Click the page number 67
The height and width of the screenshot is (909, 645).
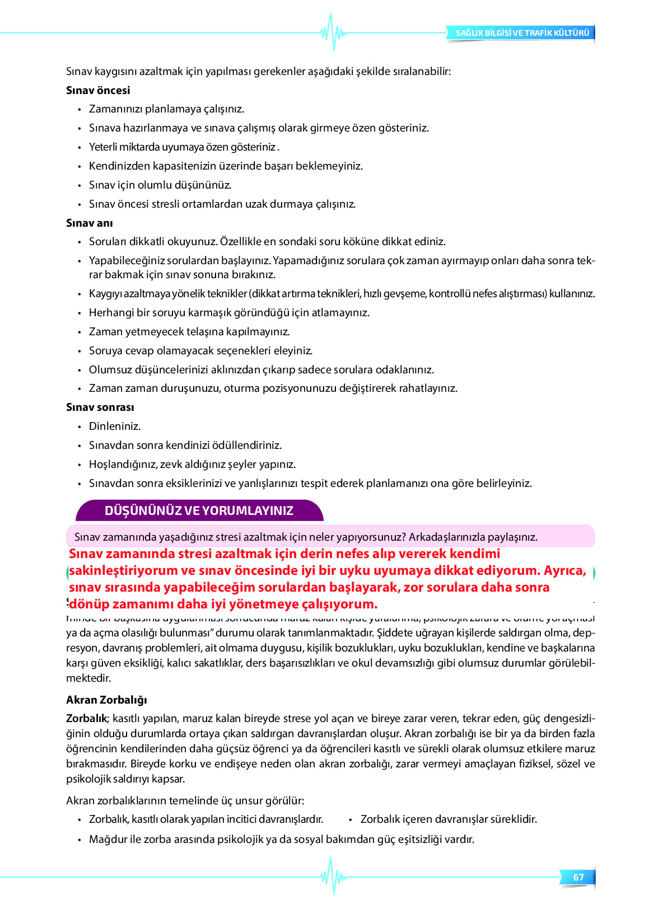tap(578, 877)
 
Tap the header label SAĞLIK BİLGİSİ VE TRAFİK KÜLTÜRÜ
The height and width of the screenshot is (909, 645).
tap(522, 33)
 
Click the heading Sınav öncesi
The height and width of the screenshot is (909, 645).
tap(98, 90)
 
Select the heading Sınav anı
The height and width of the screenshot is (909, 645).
tap(90, 223)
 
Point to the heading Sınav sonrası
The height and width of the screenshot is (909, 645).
tap(100, 407)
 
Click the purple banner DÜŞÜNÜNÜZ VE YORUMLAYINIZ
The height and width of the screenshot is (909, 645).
tap(199, 510)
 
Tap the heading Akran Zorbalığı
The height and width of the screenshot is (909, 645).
tap(106, 700)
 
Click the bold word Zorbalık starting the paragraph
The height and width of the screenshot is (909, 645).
tap(86, 718)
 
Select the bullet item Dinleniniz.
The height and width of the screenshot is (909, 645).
tap(115, 426)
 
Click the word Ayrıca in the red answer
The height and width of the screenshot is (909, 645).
tap(565, 570)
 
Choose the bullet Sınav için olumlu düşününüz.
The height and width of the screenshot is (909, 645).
tap(160, 185)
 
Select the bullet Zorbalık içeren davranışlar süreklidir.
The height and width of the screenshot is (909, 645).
tap(448, 819)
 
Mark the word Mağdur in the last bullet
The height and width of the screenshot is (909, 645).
tap(107, 839)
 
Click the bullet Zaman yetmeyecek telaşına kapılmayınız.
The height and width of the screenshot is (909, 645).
tap(189, 331)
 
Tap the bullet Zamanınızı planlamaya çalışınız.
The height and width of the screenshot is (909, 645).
tap(166, 109)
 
